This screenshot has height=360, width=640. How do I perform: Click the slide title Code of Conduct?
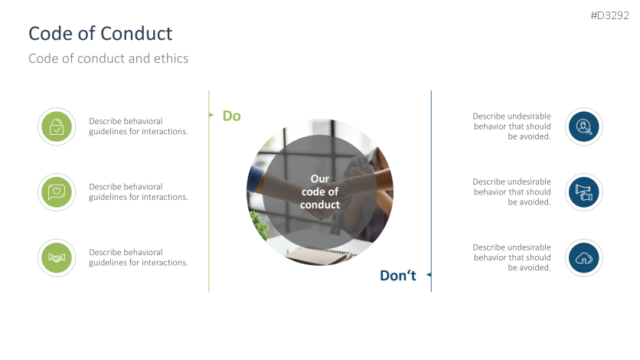click(100, 34)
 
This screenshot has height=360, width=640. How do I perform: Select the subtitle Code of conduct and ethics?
click(108, 58)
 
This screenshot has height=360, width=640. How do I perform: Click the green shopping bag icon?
click(56, 126)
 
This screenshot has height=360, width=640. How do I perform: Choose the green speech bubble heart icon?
click(56, 191)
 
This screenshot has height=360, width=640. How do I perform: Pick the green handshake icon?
click(56, 257)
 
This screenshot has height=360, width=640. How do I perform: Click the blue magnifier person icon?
click(584, 126)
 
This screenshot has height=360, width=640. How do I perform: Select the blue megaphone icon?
click(584, 191)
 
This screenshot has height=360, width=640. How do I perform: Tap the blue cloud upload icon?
click(584, 257)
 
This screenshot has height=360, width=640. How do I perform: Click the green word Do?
click(231, 116)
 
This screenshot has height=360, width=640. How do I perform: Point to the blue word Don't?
click(397, 276)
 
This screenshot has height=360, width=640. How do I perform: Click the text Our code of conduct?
click(319, 191)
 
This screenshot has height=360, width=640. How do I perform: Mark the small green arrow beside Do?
click(211, 115)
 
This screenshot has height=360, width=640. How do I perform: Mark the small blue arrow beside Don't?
click(429, 274)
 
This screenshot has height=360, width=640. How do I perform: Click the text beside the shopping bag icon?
click(138, 126)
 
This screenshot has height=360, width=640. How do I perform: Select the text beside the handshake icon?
click(138, 257)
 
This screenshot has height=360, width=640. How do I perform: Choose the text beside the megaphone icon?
click(511, 191)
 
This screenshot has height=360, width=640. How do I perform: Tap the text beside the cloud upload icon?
click(511, 257)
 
